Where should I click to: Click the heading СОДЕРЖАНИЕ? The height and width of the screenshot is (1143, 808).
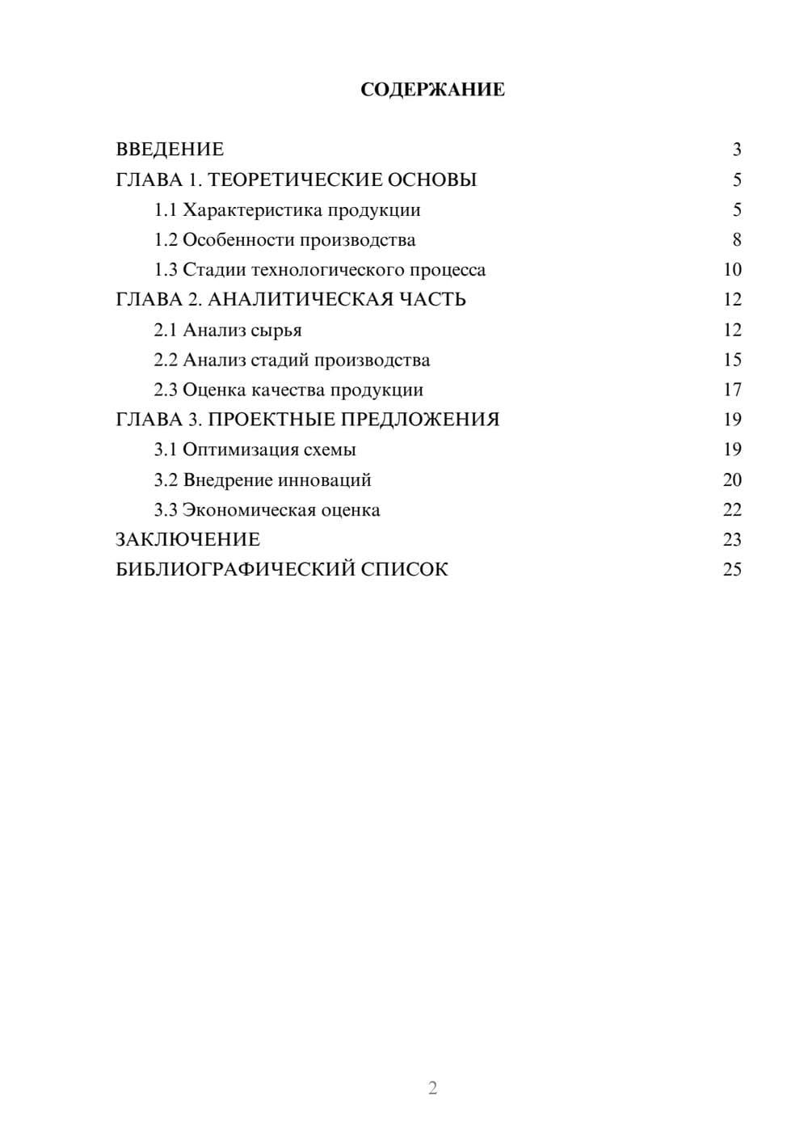432,90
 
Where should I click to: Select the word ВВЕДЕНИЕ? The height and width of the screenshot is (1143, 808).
170,150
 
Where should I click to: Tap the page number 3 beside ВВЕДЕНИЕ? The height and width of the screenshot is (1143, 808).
736,150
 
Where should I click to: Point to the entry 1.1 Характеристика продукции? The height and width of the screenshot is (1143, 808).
287,210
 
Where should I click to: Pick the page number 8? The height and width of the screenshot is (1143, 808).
736,240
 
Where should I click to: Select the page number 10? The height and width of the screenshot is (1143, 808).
732,270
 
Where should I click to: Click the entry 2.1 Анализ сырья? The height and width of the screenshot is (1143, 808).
228,330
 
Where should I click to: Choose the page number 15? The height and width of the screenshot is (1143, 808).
732,360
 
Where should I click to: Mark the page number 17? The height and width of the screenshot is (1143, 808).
732,390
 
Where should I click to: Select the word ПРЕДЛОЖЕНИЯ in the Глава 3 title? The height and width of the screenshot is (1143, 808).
419,420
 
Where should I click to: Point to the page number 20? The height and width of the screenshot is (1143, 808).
732,480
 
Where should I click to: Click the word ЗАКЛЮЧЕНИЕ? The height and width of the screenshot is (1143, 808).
187,540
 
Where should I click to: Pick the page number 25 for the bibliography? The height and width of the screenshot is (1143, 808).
732,570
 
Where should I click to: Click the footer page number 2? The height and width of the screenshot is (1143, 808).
432,1088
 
